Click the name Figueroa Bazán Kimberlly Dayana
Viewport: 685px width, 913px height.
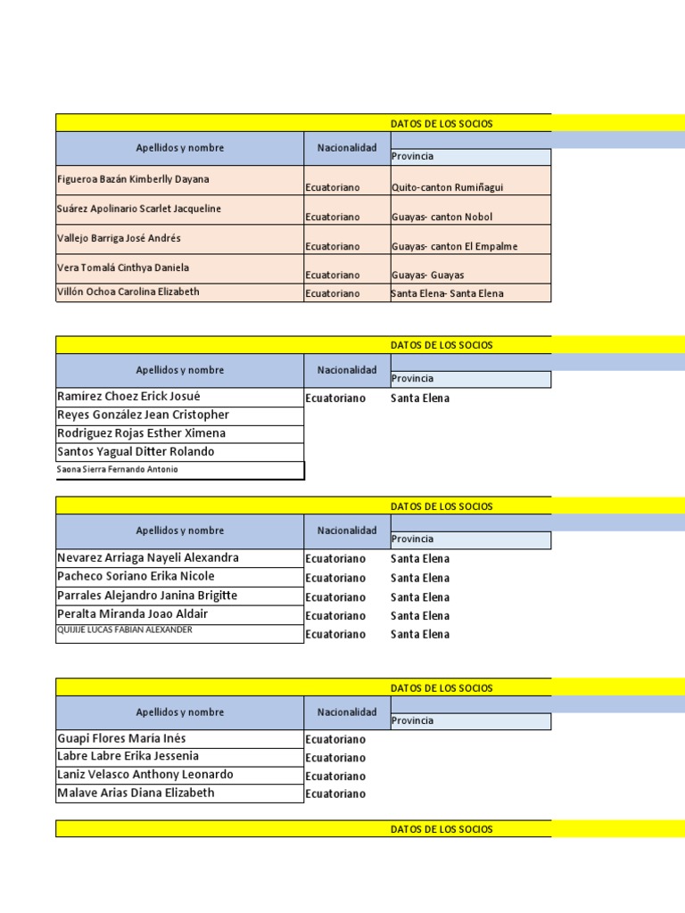133,179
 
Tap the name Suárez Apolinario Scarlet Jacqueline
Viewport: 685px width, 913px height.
139,209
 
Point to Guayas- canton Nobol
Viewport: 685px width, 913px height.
442,217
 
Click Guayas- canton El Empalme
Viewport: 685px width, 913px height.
454,246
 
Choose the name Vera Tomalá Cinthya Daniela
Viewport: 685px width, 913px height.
123,267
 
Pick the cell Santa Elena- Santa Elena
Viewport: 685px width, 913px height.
447,293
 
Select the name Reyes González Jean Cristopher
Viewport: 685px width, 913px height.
143,415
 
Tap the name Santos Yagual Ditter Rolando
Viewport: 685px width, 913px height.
136,452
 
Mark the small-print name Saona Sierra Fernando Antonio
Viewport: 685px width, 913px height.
117,469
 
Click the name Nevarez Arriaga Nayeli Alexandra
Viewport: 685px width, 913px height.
147,558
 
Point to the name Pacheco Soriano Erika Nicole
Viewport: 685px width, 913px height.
136,576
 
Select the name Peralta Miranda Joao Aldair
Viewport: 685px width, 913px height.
132,614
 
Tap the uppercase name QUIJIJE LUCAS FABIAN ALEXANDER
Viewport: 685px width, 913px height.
124,629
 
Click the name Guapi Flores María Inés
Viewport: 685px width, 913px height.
121,739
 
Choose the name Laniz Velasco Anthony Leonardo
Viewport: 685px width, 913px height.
144,775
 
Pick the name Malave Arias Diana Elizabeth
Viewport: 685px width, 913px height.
136,793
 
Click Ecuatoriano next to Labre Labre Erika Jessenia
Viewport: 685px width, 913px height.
335,758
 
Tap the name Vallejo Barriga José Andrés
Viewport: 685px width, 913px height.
119,238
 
